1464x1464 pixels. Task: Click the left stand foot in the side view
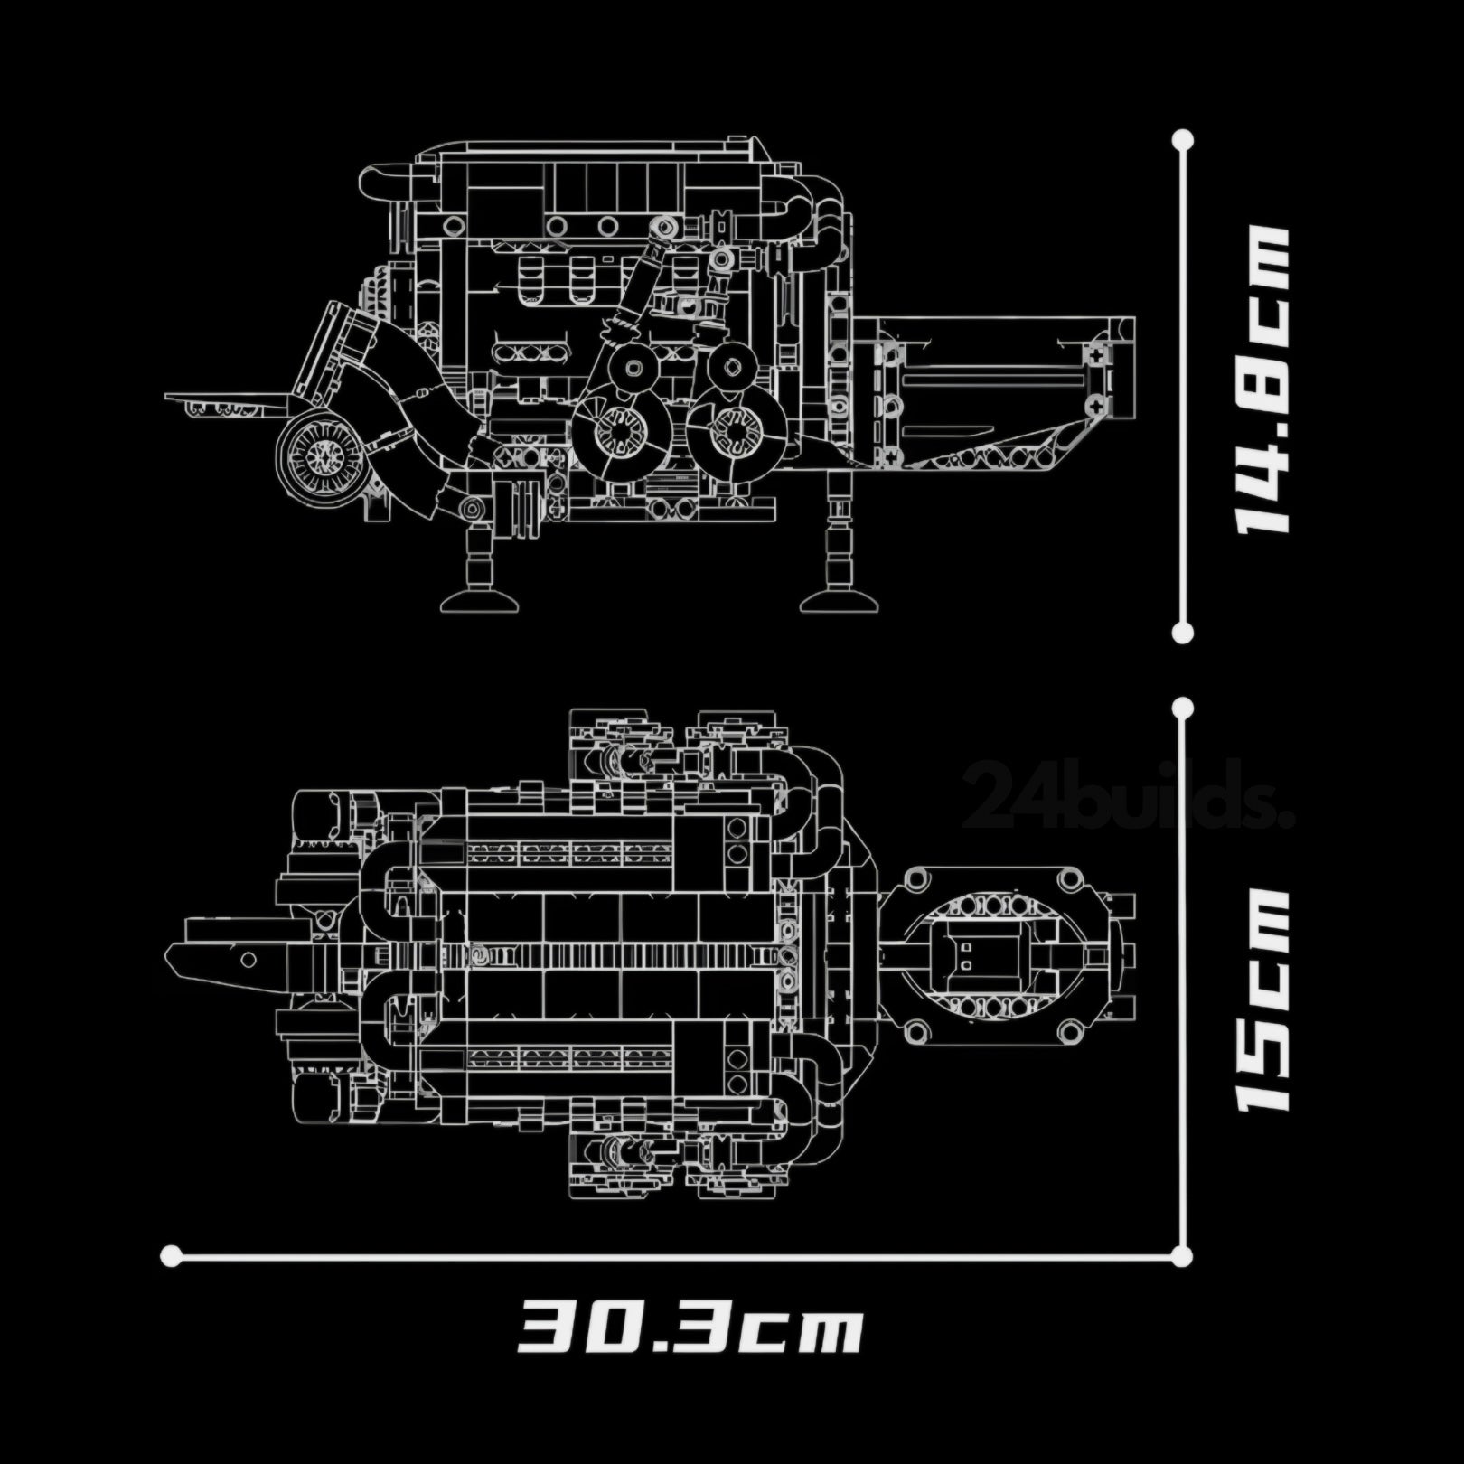479,600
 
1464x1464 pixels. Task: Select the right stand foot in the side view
840,600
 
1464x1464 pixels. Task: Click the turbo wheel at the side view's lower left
321,457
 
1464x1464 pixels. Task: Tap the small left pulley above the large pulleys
633,367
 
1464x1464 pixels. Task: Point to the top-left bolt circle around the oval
918,877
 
